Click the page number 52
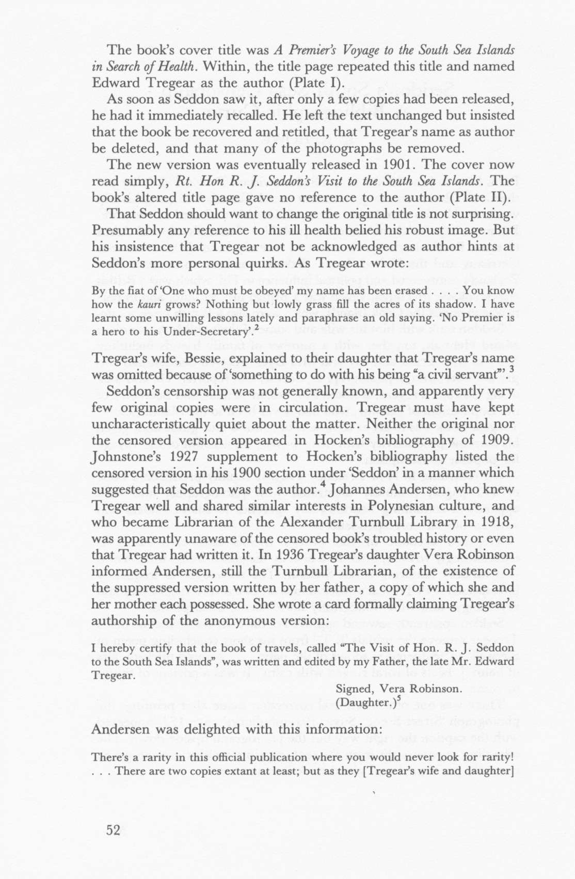113,830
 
